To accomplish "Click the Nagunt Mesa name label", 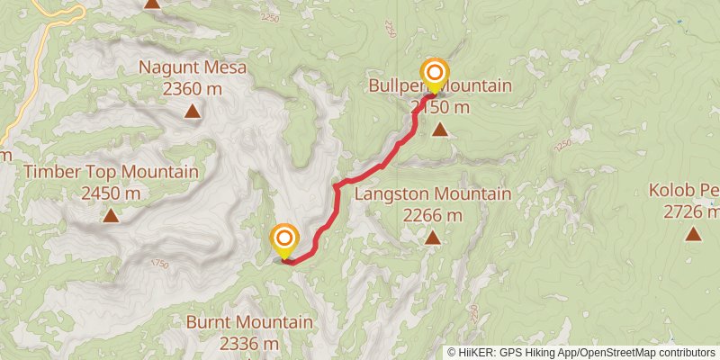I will coord(193,67).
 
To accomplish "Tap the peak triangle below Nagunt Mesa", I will coord(193,112).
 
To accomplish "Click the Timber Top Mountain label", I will coord(112,172).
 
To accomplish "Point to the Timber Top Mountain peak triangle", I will coord(111,215).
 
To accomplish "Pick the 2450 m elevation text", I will coord(111,193).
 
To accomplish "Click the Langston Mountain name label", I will coord(433,194).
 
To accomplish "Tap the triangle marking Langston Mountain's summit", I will coord(433,238).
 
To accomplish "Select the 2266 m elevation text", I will coord(433,215).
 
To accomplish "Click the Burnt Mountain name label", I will coord(250,322).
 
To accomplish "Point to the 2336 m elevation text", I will coord(250,343).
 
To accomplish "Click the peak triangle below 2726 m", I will coord(693,234).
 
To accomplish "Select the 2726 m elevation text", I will coord(690,211).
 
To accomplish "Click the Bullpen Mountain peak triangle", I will coord(440,130).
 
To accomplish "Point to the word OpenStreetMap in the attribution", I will coord(621,353).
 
